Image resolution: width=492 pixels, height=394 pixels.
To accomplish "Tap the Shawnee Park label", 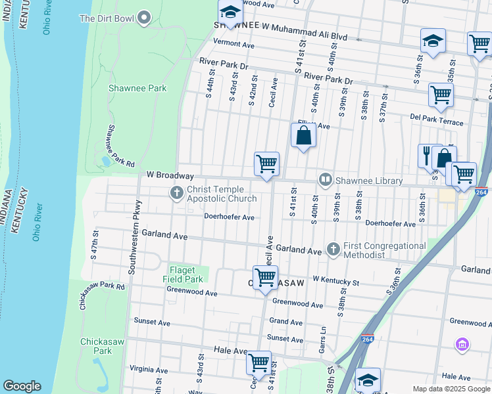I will (137, 88).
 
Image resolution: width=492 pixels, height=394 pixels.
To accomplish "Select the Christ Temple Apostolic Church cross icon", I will (176, 193).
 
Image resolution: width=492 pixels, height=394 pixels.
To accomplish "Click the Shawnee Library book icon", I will (325, 179).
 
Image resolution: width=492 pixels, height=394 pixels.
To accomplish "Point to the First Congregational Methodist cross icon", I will (333, 250).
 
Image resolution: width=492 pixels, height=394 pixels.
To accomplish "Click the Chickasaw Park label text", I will (96, 346).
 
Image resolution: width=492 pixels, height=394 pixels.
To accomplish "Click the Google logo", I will (22, 386).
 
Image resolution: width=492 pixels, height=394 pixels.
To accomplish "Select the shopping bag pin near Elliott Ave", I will (303, 136).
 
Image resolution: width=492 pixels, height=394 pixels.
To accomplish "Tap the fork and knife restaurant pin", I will (427, 156).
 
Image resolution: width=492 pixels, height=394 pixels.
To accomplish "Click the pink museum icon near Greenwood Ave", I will (462, 344).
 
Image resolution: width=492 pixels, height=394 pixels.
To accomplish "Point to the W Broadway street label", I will (170, 176).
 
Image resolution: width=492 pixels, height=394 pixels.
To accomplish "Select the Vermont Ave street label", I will (234, 45).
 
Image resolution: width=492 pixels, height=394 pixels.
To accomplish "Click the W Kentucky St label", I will (335, 282).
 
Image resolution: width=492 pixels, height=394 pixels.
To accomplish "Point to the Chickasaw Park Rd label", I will (103, 286).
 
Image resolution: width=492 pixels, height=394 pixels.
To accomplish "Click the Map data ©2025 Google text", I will (451, 389).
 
